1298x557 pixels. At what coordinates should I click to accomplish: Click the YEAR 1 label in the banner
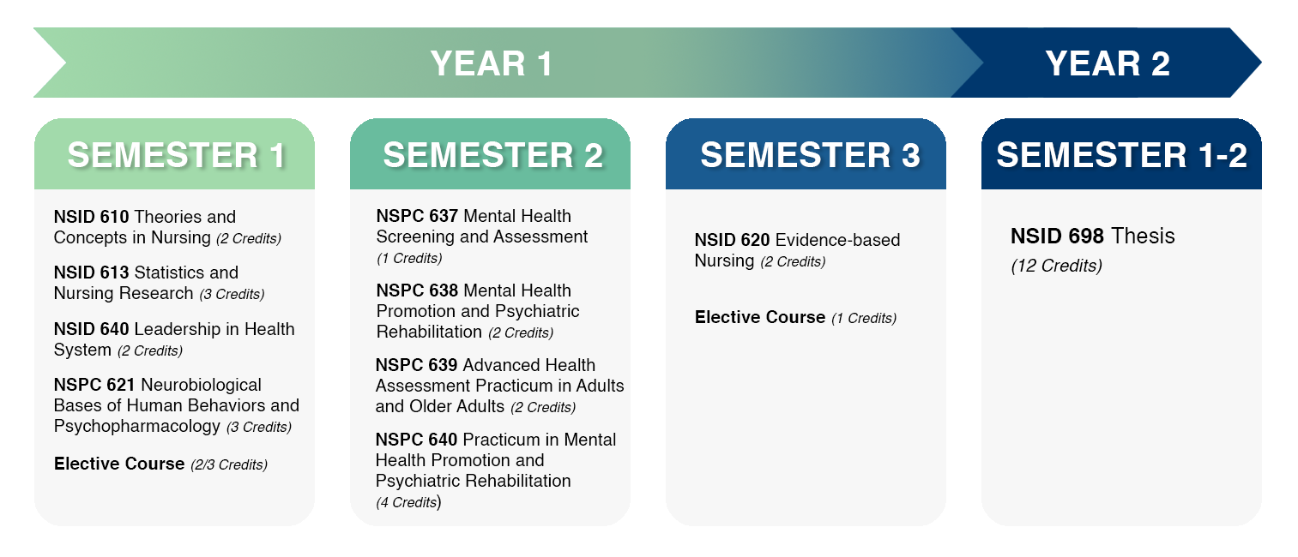tap(492, 63)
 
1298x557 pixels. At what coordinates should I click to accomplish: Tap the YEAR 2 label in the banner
tap(1108, 63)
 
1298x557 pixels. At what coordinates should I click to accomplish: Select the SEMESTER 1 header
tap(177, 155)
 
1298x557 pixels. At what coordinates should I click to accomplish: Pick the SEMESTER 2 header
tap(493, 155)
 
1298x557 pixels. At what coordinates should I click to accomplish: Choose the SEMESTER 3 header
tap(810, 155)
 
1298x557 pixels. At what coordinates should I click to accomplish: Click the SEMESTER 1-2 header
tap(1121, 155)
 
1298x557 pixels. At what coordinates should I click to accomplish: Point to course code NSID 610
tap(91, 217)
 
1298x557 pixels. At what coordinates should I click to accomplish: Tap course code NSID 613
tap(91, 273)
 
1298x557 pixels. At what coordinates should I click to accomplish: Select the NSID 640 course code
tap(91, 329)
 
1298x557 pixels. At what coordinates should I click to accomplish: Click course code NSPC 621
tap(94, 385)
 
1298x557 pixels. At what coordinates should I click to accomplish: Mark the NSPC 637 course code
tap(417, 216)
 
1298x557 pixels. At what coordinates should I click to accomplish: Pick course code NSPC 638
tap(417, 290)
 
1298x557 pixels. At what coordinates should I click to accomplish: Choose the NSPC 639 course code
tap(416, 365)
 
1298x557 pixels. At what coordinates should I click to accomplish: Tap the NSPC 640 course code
tap(416, 440)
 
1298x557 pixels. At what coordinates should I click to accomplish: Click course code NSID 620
tap(732, 240)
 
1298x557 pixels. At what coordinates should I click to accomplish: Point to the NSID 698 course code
tap(1057, 236)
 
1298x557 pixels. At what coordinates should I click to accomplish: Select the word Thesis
tap(1143, 236)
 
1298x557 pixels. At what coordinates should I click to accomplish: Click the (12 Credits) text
tap(1056, 266)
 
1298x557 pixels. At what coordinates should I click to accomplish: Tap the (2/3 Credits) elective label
tap(229, 465)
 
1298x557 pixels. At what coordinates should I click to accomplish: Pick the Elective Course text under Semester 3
tap(760, 317)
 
